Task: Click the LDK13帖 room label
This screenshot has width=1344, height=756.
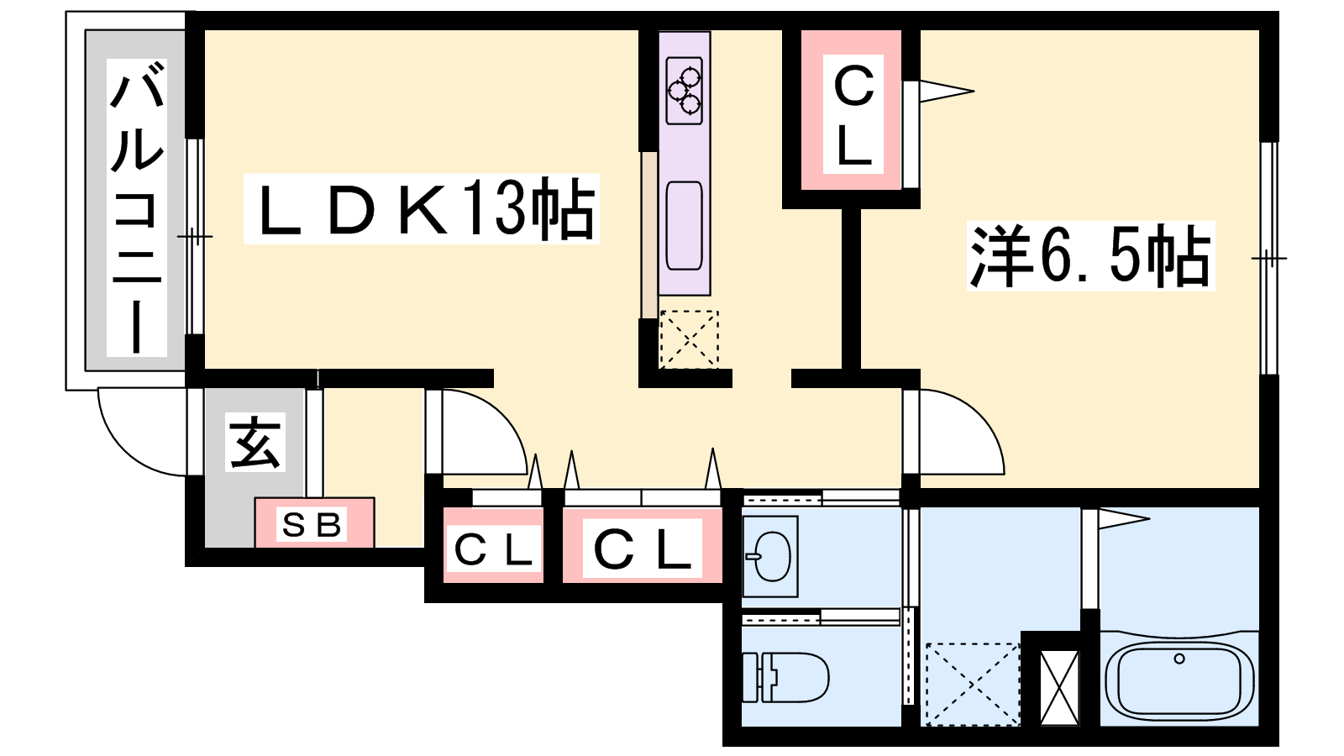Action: click(x=421, y=208)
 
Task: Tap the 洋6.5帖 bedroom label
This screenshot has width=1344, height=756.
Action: click(x=1090, y=256)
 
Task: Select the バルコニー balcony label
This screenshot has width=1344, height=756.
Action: click(x=137, y=207)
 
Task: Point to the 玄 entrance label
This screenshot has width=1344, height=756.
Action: click(x=255, y=442)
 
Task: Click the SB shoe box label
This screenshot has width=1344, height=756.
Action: click(x=312, y=525)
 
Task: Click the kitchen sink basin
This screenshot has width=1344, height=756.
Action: click(x=685, y=226)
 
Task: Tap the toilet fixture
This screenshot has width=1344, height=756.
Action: click(x=785, y=677)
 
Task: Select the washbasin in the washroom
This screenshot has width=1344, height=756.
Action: click(x=770, y=556)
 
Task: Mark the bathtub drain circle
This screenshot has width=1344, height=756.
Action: click(x=1179, y=659)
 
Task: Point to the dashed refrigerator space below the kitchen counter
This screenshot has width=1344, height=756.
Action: click(x=689, y=339)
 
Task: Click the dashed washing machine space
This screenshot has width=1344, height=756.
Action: click(x=973, y=684)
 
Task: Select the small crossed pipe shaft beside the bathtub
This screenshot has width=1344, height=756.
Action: click(x=1059, y=688)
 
